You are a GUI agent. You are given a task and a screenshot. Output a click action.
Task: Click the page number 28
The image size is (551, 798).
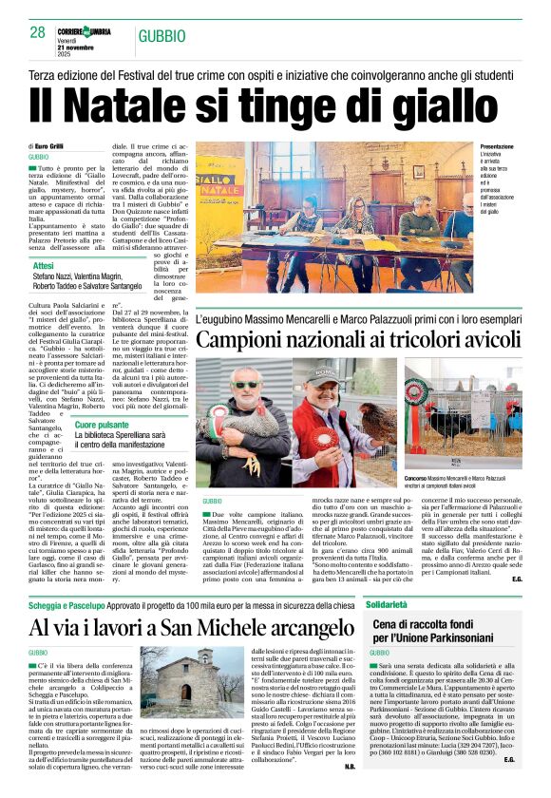click(x=38, y=32)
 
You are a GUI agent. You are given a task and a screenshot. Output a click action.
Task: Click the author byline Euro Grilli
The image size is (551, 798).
click(x=53, y=145)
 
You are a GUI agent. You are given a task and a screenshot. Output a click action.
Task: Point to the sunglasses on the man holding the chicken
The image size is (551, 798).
click(x=246, y=385)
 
